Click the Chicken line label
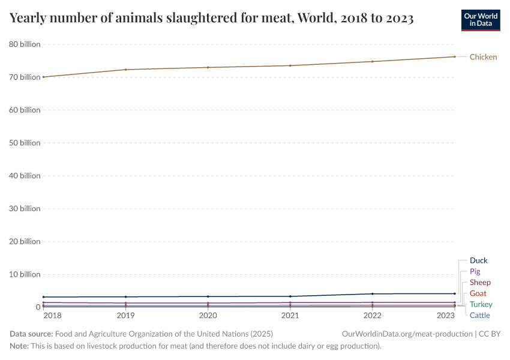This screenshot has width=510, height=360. (483, 57)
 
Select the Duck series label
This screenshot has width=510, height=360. (478, 260)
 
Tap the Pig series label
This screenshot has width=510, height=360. (475, 271)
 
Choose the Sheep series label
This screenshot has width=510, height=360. (480, 282)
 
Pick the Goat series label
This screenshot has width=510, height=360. (478, 293)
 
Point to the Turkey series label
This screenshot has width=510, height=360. (481, 304)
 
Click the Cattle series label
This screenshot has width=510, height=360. (479, 315)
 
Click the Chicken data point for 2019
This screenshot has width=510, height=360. (125, 70)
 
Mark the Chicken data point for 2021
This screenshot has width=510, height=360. (290, 65)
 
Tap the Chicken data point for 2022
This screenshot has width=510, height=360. (373, 61)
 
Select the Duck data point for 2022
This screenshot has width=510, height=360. (373, 294)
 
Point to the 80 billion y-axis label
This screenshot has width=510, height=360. (25, 44)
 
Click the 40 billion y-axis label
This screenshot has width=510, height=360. (25, 176)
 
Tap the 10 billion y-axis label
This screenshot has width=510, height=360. (25, 274)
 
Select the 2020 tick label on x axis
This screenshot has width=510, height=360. (208, 316)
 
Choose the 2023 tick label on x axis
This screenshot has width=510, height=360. (446, 316)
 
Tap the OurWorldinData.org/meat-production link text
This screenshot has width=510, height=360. (406, 334)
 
